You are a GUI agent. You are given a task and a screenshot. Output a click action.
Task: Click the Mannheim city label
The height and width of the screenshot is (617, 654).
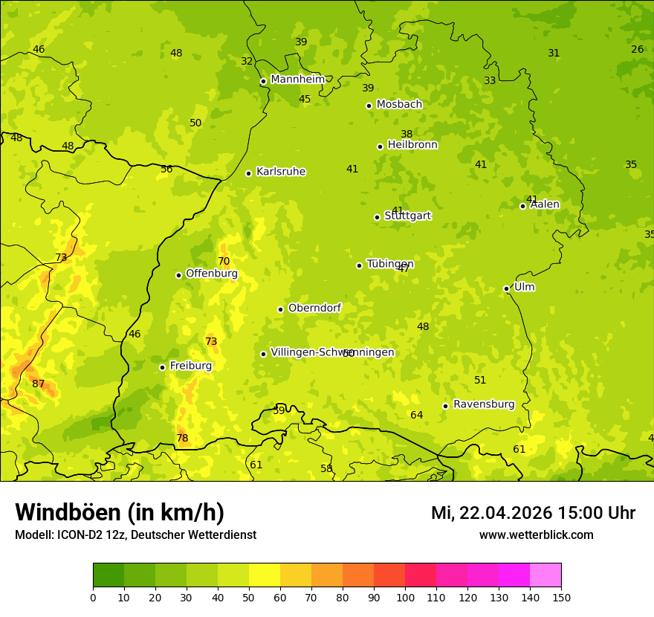coord(297,80)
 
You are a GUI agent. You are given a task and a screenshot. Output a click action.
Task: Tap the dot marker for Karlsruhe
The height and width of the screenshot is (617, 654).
coord(248,173)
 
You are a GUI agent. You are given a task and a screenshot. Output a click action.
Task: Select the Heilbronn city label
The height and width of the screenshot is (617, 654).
coord(412,145)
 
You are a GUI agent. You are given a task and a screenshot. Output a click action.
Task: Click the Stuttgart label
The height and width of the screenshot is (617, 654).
coord(407,216)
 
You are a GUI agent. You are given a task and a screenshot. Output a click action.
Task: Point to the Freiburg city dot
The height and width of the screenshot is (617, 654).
coord(162,367)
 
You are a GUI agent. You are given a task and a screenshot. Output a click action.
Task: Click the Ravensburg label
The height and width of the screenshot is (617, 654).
coord(484,404)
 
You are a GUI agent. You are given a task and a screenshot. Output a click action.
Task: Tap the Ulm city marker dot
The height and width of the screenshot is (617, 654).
coord(506,288)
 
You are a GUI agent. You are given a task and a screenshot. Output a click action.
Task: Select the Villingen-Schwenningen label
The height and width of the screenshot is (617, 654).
coord(332,352)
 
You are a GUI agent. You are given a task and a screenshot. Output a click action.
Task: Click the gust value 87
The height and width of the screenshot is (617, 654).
coord(39,384)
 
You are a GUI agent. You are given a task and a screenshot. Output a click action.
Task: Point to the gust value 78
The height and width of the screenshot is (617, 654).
coord(182,439)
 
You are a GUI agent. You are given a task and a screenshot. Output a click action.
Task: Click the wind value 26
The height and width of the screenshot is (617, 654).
coord(637,49)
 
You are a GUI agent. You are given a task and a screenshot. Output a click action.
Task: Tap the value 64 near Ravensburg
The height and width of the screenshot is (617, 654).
coord(417,415)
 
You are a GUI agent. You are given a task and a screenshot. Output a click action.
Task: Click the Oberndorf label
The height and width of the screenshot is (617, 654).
coord(314,308)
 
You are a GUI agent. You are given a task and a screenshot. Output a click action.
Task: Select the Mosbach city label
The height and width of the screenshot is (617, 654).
coord(399,105)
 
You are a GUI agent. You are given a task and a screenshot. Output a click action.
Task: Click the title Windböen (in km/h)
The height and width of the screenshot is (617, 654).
coord(120,512)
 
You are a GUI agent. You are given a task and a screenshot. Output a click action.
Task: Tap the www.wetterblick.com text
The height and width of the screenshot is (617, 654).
coord(536,534)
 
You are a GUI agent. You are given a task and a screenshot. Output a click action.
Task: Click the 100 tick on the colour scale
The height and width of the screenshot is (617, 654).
coord(405,597)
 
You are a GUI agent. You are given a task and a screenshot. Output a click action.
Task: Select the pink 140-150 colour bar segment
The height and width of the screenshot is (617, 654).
coord(545,575)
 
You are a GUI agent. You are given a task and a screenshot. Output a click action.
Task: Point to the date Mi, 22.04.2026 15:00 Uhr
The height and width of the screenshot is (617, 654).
coord(533,513)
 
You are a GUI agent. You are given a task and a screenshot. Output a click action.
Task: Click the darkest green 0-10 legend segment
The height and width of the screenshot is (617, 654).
coord(109,575)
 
